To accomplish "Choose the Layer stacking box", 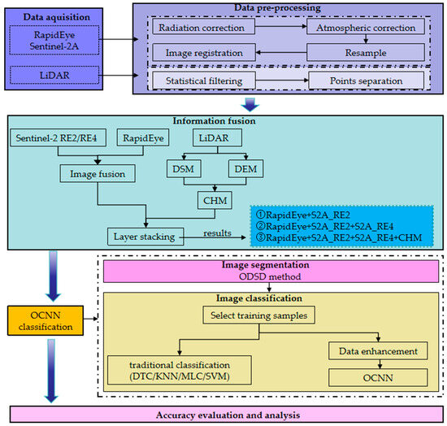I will [x=145, y=235].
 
